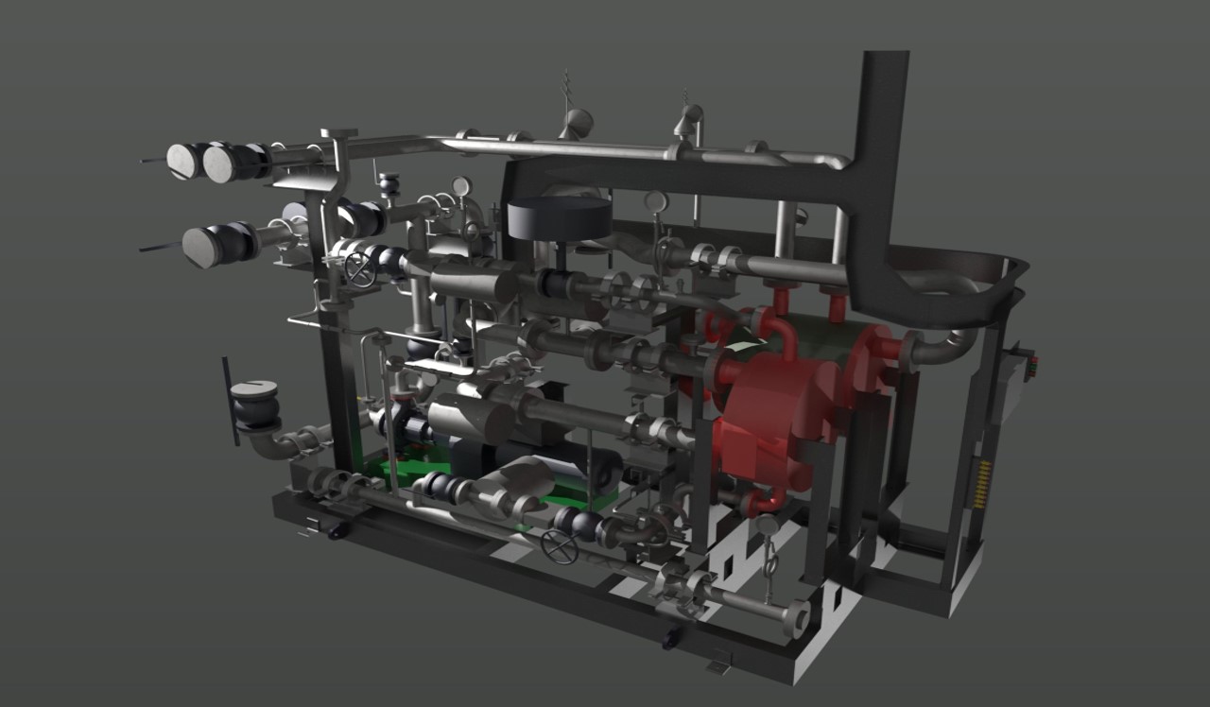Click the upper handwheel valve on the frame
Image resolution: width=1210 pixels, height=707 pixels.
(359, 268)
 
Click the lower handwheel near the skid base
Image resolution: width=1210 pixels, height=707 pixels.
(560, 546)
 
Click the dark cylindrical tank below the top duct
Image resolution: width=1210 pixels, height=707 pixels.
(559, 219)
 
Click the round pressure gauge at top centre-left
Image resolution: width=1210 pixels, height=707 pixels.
(461, 186)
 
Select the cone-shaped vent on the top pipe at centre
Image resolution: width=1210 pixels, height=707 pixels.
(576, 121)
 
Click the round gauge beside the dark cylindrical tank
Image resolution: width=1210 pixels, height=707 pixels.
(655, 200)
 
